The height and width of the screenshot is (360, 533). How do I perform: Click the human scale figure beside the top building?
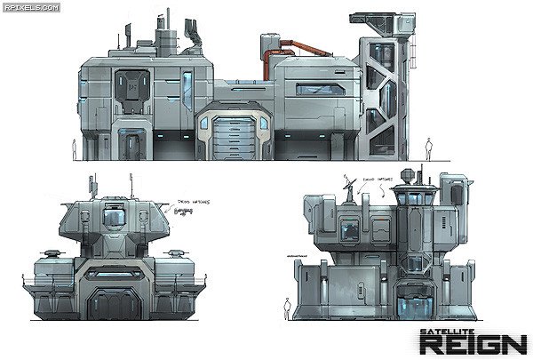(x=427, y=148)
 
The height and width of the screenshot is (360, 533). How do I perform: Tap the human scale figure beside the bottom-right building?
(x=286, y=307)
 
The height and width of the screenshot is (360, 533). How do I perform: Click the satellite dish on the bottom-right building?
(x=349, y=186)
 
